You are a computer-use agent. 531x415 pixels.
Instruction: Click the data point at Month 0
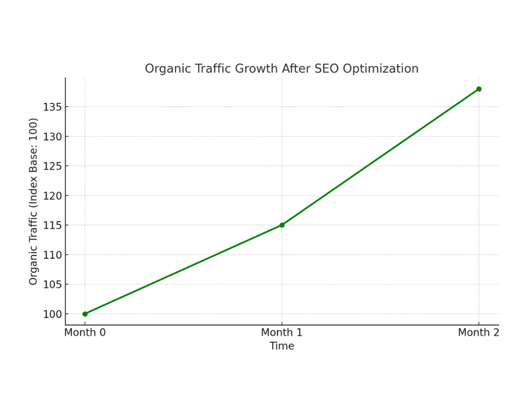[x=85, y=314]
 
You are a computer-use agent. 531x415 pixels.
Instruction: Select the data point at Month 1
[x=282, y=225]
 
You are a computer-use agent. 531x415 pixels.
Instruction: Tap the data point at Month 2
[x=479, y=89]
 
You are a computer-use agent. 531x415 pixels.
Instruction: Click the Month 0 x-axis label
[x=85, y=333]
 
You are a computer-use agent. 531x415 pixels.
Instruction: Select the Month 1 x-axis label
[x=282, y=333]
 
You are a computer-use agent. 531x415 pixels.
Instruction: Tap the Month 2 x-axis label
[x=478, y=333]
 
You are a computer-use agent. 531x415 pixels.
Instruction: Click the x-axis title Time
[x=282, y=346]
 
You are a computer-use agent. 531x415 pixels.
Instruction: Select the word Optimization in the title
[x=388, y=69]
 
